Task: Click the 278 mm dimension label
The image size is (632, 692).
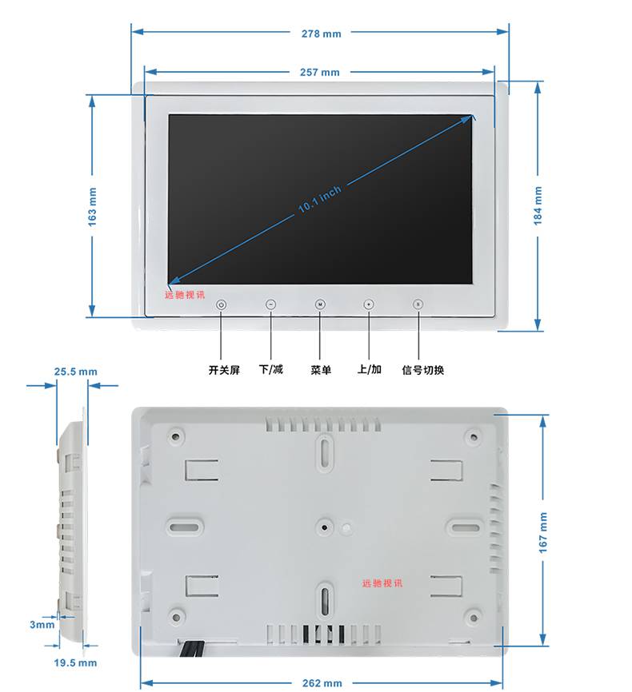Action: point(322,34)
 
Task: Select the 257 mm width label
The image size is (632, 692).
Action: point(320,73)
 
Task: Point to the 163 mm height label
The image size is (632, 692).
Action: point(92,207)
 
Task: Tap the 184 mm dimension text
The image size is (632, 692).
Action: point(538,205)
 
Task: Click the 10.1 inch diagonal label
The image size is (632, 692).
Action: point(319,199)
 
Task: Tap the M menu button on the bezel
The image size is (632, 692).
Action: point(320,304)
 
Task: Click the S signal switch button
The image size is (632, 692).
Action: point(418,304)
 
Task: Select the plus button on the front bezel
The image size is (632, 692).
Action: point(369,304)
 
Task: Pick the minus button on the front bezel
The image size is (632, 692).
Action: point(271,304)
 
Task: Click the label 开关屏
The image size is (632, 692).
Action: point(224,370)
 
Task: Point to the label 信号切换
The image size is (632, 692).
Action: point(423,370)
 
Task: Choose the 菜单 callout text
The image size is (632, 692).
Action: point(321,370)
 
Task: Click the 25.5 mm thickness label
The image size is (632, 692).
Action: point(75,372)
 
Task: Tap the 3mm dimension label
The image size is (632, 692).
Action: point(42,624)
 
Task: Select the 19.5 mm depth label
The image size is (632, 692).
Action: point(75,662)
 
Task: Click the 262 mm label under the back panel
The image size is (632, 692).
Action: point(322,683)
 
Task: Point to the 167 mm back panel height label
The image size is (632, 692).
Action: point(542,532)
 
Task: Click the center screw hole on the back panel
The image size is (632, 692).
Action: point(324,527)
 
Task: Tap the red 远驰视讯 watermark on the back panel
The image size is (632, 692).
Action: point(382,583)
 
